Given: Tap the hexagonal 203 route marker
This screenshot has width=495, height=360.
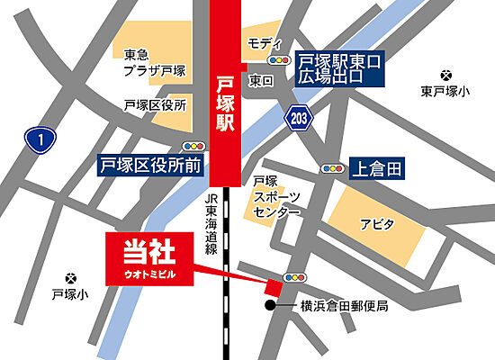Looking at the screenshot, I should (299, 116).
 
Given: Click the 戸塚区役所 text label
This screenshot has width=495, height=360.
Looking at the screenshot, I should (155, 105).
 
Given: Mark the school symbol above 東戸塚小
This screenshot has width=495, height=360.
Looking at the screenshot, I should (445, 75).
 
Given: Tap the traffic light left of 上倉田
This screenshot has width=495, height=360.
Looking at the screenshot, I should (331, 168).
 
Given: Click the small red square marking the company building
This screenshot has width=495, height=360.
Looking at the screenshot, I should (270, 287).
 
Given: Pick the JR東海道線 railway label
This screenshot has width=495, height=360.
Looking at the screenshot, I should (212, 225).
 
